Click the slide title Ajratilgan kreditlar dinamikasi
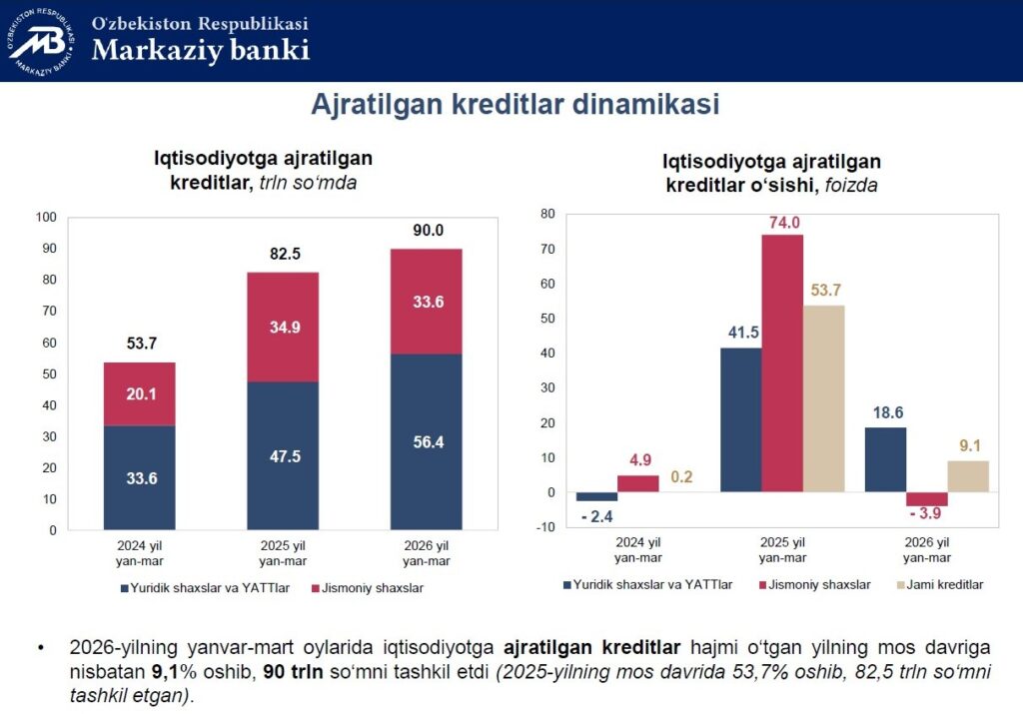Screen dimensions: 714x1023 point(514,105)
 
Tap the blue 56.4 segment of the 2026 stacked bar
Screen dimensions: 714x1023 point(426,442)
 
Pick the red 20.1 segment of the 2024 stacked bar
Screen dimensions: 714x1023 point(139,393)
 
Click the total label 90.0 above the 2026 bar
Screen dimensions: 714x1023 point(428,231)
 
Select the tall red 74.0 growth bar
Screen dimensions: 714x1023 point(782,362)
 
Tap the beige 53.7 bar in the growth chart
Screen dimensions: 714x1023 point(823,397)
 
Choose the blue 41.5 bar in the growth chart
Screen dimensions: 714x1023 point(740,419)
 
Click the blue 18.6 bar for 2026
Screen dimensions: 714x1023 point(885,459)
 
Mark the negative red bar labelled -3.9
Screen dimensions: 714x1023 point(926,498)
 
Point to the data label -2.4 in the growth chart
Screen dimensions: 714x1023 point(597,517)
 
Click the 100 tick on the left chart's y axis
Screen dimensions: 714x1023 point(46,217)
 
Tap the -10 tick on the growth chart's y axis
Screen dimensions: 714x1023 point(545,528)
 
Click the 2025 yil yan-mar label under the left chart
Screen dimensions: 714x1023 point(283,552)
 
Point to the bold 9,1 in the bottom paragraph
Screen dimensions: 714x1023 point(165,673)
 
